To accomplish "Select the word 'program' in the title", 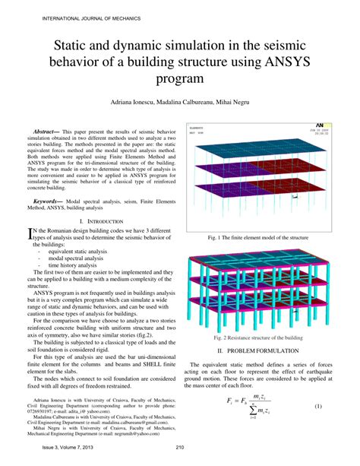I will pos(180,78).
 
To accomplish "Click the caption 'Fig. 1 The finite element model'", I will pos(262,238).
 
